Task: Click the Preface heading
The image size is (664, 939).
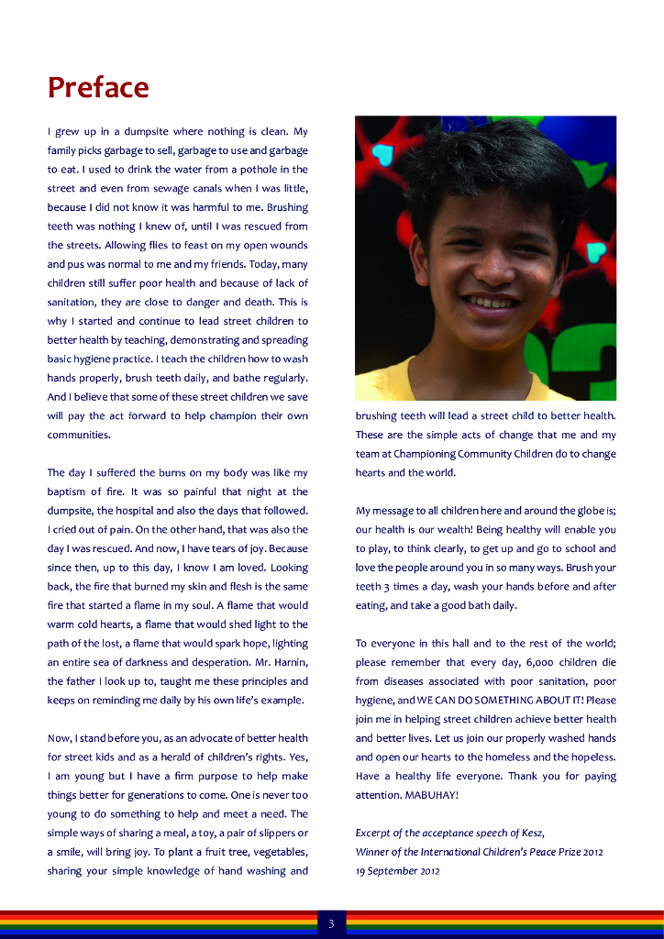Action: (98, 87)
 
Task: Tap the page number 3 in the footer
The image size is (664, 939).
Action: (331, 923)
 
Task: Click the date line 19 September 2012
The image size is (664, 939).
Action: (397, 871)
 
